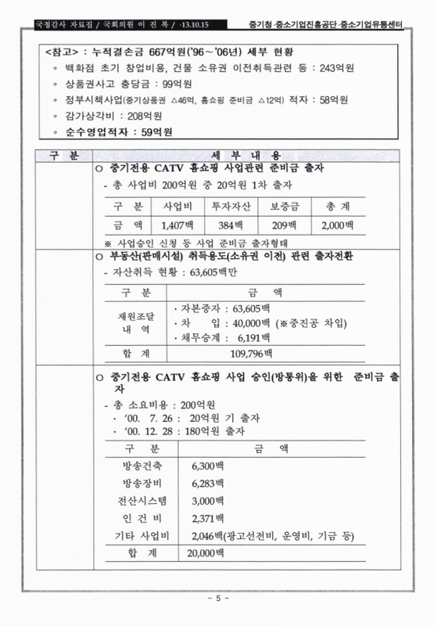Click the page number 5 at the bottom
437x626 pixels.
[218, 599]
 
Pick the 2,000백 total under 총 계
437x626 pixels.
[338, 226]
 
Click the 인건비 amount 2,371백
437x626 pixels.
[207, 518]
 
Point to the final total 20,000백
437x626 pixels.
[207, 554]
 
